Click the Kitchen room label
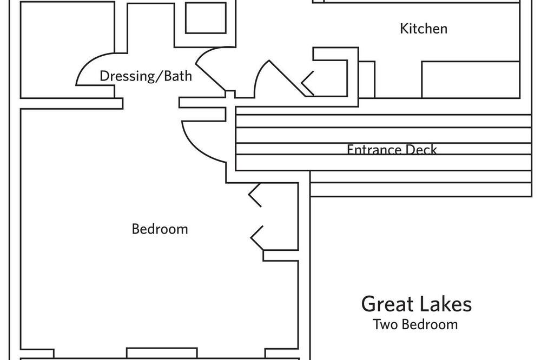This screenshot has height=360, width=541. point(424,29)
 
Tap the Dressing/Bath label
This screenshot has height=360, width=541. point(146,76)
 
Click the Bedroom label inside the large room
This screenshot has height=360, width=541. point(160,229)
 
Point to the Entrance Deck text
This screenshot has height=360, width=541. point(392,149)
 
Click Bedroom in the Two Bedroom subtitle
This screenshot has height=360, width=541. point(430,324)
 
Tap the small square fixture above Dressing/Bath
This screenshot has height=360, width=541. point(206,17)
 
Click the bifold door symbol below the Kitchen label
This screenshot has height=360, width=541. point(307,83)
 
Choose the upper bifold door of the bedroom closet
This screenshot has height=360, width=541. point(255,195)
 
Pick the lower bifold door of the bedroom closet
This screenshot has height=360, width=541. point(256,238)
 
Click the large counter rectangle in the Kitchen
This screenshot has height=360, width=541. point(471,79)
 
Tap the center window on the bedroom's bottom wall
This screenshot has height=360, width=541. point(162,353)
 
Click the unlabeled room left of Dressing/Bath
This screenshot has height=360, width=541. point(67,50)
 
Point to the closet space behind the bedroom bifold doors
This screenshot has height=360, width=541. point(280,217)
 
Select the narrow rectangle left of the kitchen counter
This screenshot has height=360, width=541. point(367,79)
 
